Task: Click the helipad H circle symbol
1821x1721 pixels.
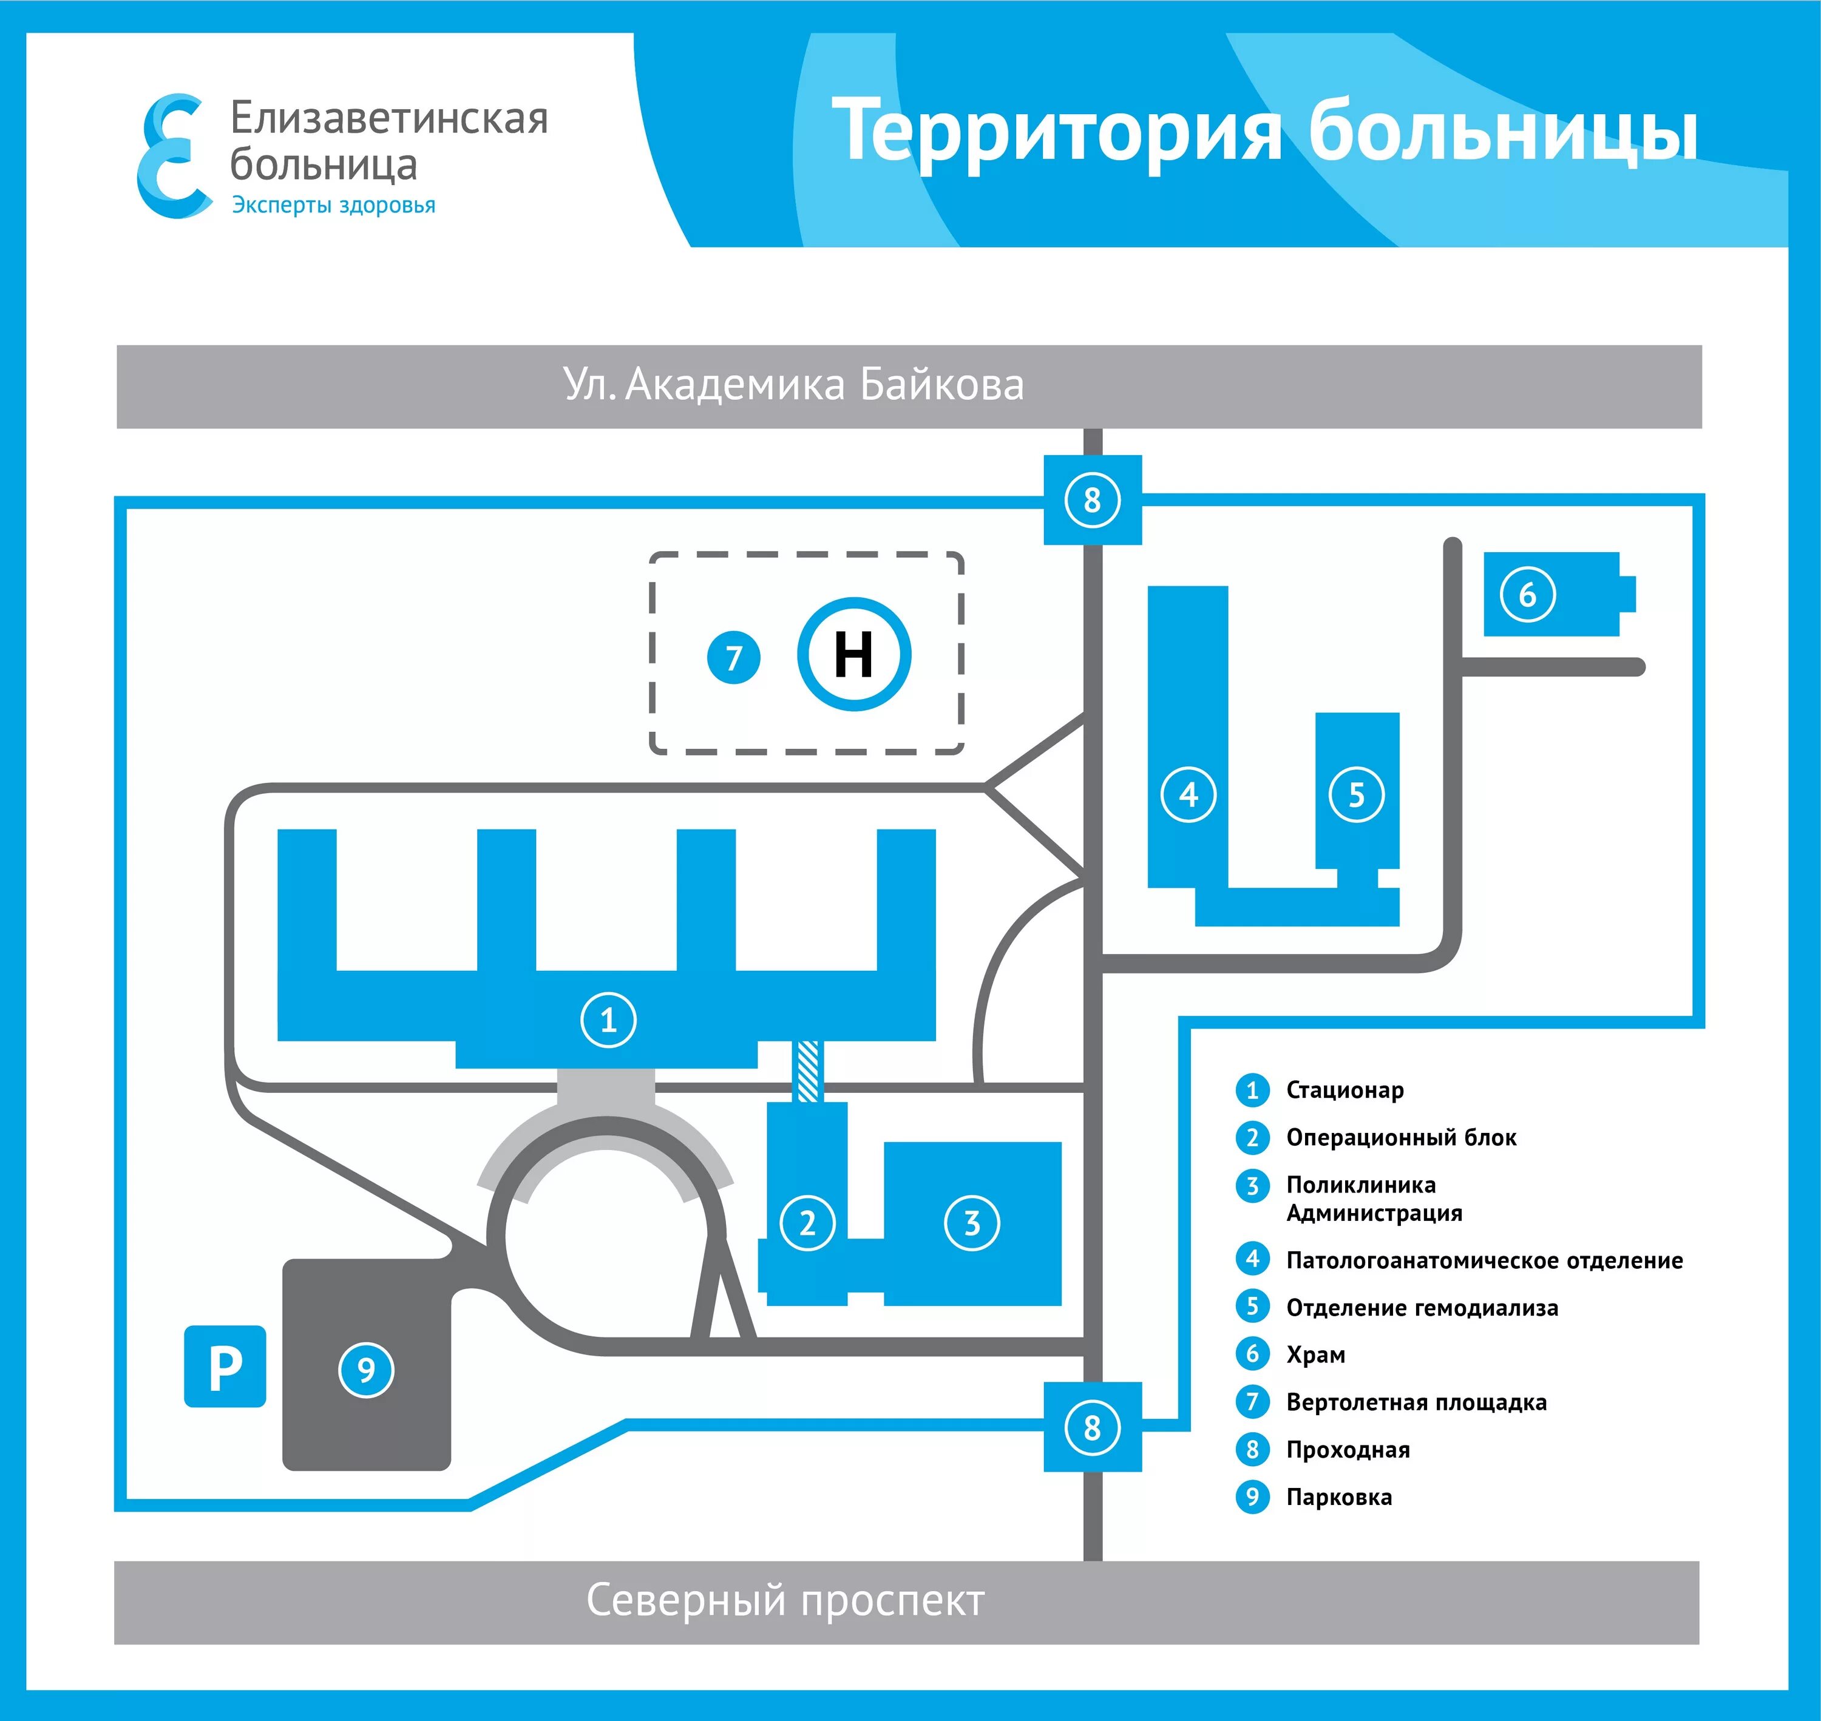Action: click(853, 654)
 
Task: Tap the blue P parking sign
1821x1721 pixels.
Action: click(225, 1367)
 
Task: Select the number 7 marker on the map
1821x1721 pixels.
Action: click(733, 658)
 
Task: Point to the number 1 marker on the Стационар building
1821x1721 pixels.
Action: click(608, 1019)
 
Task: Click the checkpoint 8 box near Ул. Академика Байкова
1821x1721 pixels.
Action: click(1091, 500)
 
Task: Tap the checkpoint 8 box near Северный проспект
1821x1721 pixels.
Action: click(1091, 1427)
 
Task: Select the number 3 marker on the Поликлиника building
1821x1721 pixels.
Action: click(972, 1222)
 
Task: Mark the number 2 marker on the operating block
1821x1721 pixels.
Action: click(807, 1223)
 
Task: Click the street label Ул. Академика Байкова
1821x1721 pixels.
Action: click(793, 385)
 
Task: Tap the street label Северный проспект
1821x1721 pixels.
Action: click(785, 1601)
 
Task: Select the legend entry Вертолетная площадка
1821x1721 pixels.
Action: click(1416, 1402)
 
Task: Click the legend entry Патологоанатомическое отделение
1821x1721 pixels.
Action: click(1484, 1260)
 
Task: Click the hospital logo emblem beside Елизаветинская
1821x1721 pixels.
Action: click(172, 156)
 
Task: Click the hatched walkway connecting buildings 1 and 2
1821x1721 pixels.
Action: click(807, 1070)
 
